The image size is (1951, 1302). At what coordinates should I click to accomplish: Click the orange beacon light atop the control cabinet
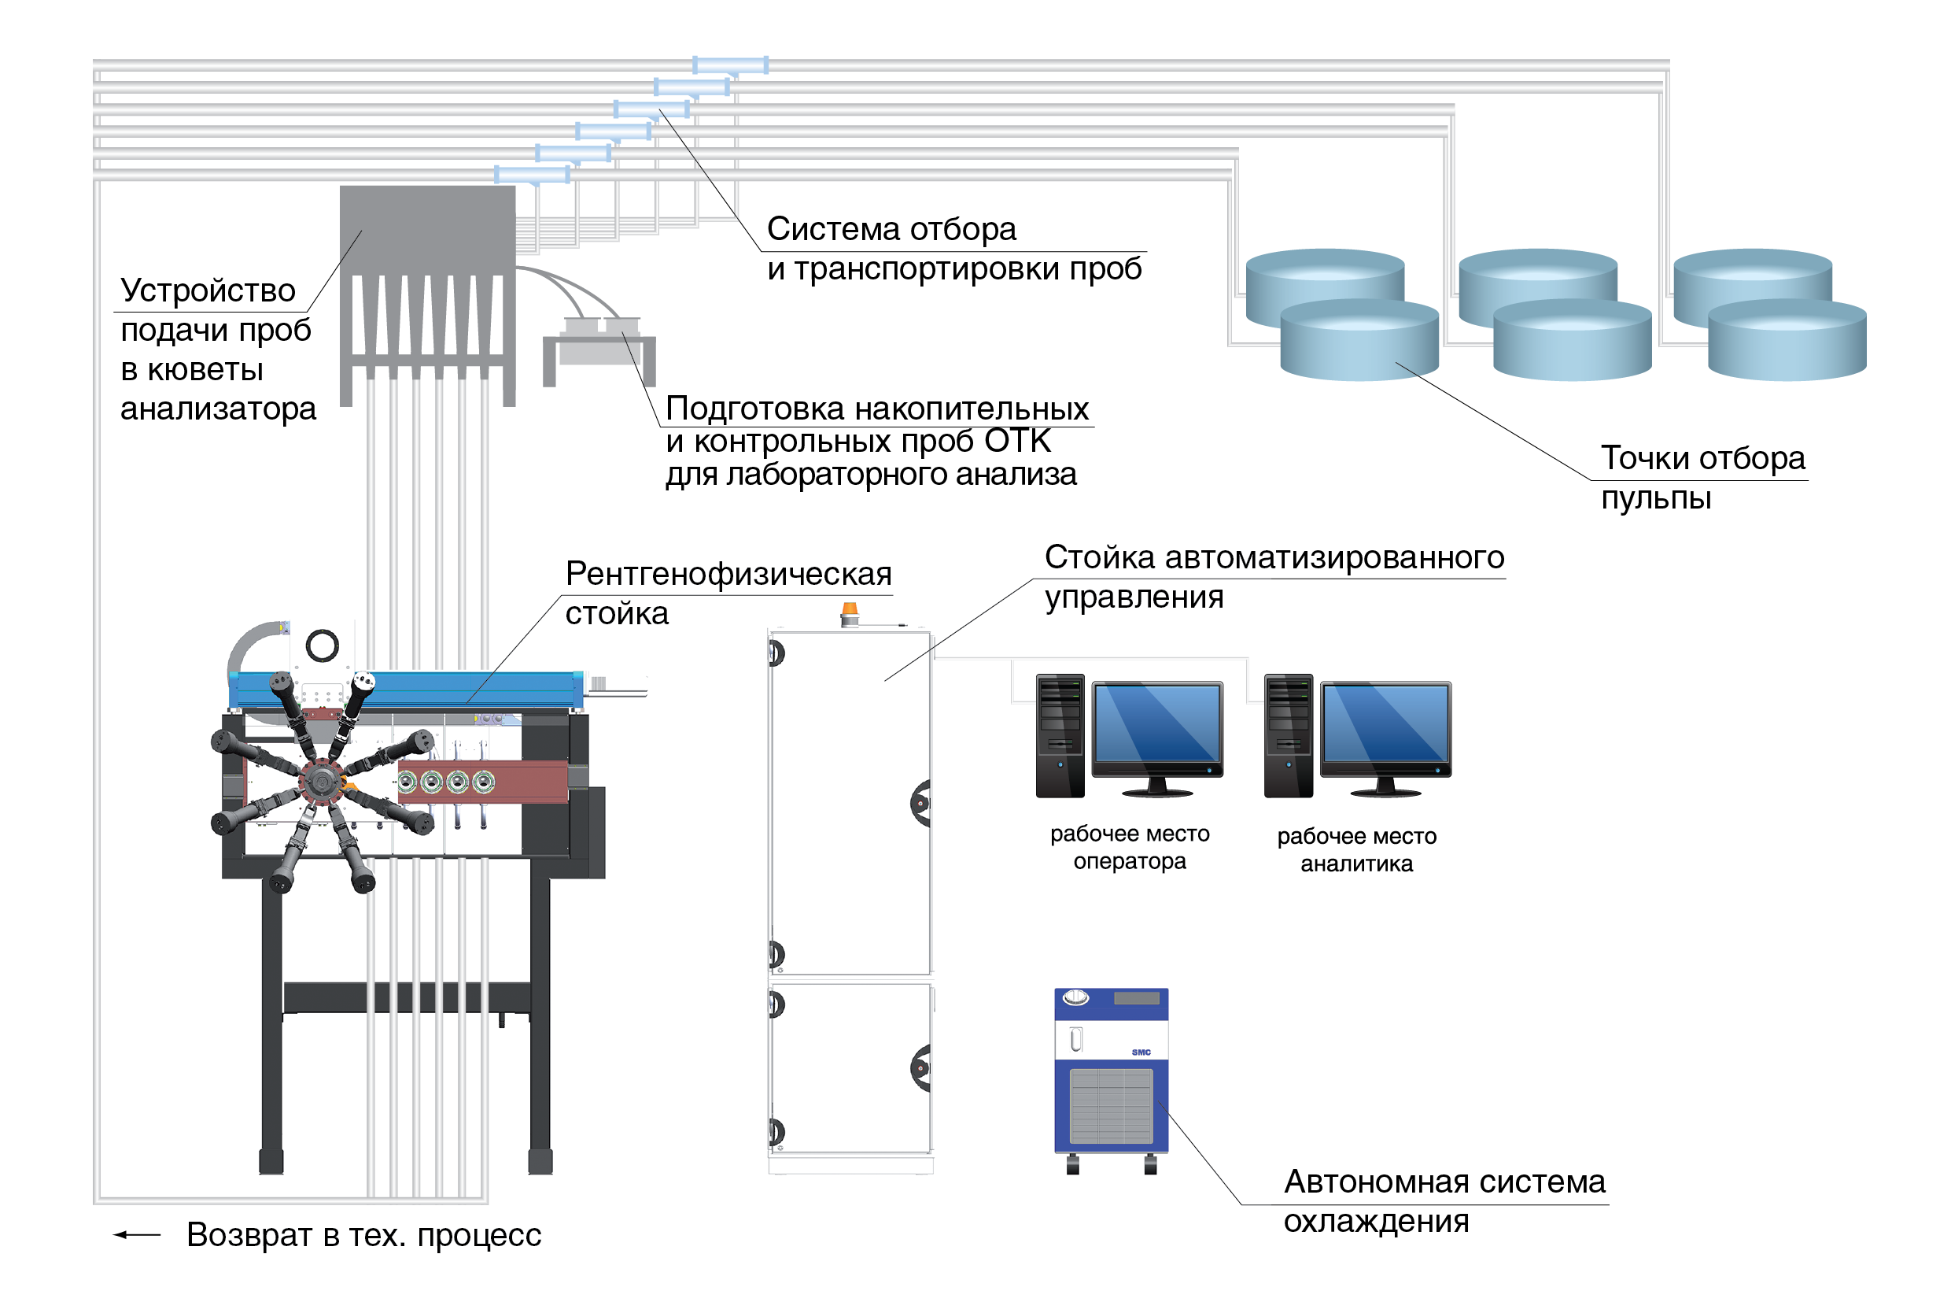pyautogui.click(x=850, y=612)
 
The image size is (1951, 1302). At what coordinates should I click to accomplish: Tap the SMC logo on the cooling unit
pyautogui.click(x=1141, y=1052)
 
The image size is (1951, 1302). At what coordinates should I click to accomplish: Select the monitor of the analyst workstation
pyautogui.click(x=1385, y=723)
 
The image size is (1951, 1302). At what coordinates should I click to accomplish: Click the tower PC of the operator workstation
pyautogui.click(x=1060, y=736)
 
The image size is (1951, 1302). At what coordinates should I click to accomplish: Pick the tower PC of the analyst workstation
pyautogui.click(x=1288, y=736)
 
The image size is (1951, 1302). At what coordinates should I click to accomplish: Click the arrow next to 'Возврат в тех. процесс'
pyautogui.click(x=136, y=1235)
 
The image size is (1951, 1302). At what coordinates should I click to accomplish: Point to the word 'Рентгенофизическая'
pyautogui.click(x=728, y=574)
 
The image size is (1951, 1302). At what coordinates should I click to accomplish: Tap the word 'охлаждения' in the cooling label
pyautogui.click(x=1376, y=1222)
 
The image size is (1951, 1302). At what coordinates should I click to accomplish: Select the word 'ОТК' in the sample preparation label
pyautogui.click(x=1017, y=442)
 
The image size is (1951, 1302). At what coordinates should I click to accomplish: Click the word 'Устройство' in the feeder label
pyautogui.click(x=208, y=290)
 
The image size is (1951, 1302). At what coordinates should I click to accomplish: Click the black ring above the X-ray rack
pyautogui.click(x=322, y=645)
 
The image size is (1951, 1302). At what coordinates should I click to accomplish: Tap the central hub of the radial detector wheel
pyautogui.click(x=320, y=781)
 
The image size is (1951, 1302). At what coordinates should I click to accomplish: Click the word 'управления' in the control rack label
pyautogui.click(x=1134, y=597)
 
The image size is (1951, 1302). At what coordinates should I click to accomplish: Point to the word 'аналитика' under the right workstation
pyautogui.click(x=1356, y=864)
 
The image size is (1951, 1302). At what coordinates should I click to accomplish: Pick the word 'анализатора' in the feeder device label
pyautogui.click(x=218, y=409)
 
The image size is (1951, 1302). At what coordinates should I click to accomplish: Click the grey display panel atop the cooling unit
pyautogui.click(x=1136, y=998)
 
